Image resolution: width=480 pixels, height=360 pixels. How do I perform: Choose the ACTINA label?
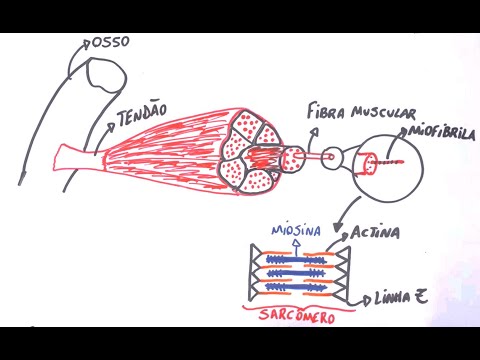(376, 232)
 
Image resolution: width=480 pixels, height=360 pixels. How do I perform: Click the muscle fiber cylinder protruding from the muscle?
(291, 158)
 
